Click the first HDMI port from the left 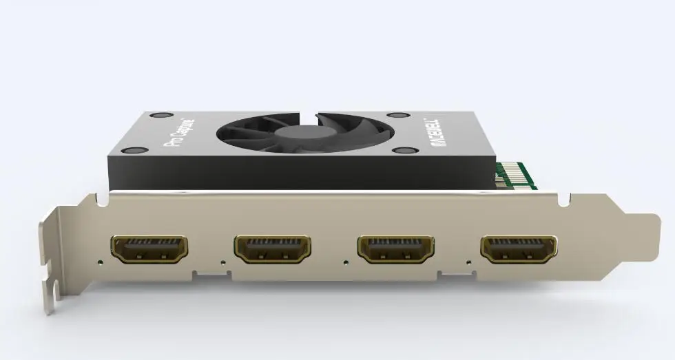pyautogui.click(x=148, y=249)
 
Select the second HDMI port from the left pyautogui.click(x=272, y=249)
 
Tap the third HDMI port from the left pyautogui.click(x=395, y=249)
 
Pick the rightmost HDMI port pyautogui.click(x=519, y=249)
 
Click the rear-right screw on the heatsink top pyautogui.click(x=395, y=116)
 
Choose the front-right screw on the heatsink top pyautogui.click(x=402, y=150)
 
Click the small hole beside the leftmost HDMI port pyautogui.click(x=101, y=262)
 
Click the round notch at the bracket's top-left pyautogui.click(x=102, y=200)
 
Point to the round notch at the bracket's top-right pyautogui.click(x=564, y=200)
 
